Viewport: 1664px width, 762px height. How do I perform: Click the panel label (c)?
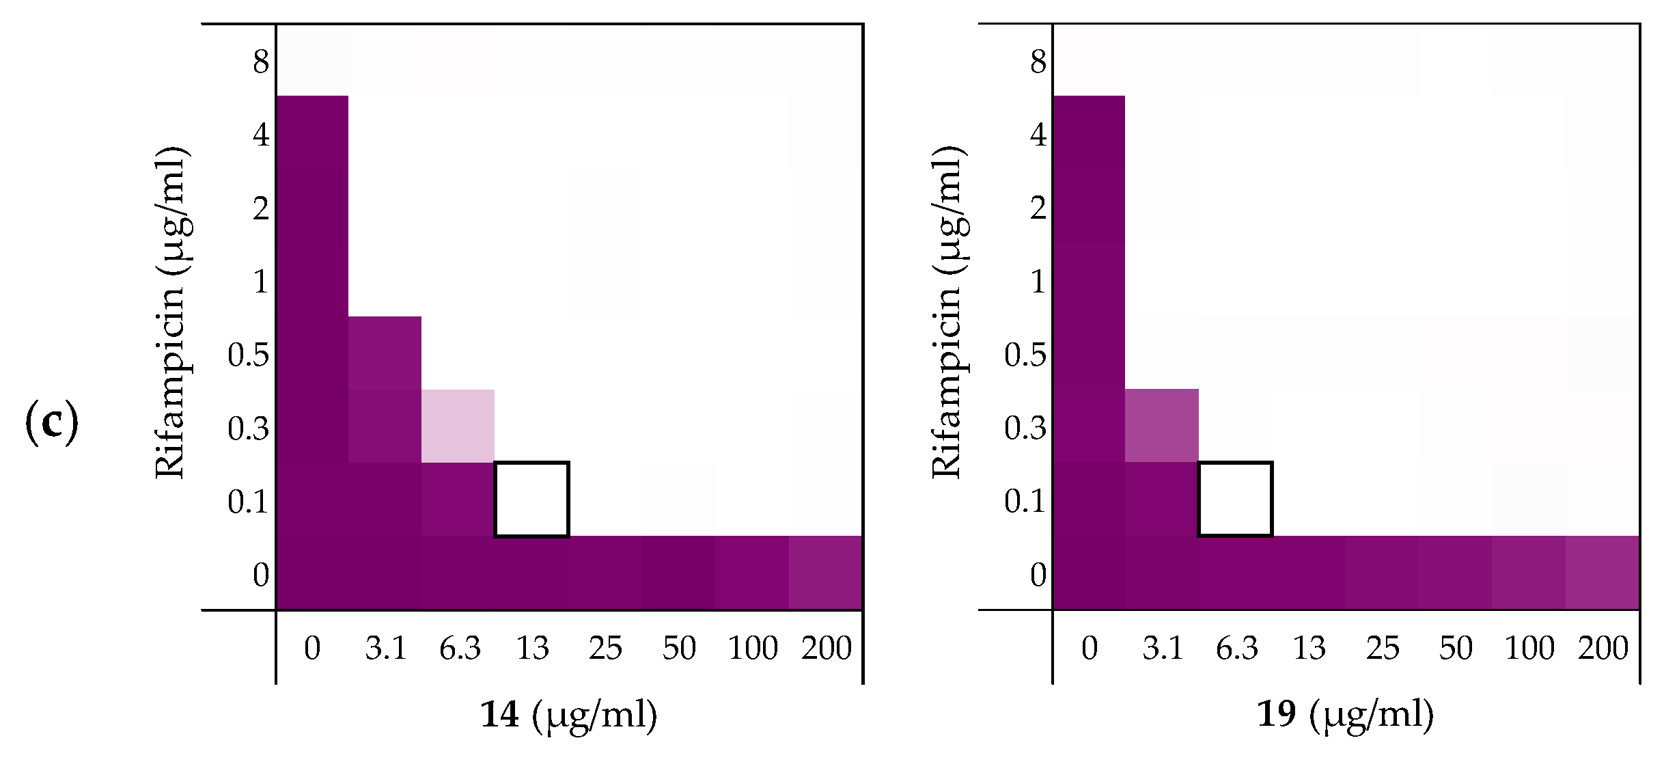click(x=51, y=423)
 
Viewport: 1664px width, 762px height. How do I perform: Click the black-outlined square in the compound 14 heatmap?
click(x=531, y=500)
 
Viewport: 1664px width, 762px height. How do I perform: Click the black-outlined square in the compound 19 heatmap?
click(x=1235, y=500)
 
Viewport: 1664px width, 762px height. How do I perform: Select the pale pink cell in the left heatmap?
click(x=458, y=426)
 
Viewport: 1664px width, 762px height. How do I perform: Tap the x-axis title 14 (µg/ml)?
click(x=568, y=715)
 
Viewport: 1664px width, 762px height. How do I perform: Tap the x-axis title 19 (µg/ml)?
click(x=1345, y=715)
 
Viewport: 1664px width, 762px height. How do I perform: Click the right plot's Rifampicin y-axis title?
click(x=947, y=312)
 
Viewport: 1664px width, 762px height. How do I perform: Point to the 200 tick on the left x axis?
click(x=826, y=648)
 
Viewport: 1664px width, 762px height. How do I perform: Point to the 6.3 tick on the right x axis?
click(x=1236, y=648)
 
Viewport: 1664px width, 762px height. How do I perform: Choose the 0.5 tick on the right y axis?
click(x=1025, y=355)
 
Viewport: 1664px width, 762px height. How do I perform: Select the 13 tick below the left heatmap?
click(x=532, y=648)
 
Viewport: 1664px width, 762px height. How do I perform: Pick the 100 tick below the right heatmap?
click(x=1529, y=648)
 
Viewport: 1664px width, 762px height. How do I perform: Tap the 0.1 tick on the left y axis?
click(x=248, y=502)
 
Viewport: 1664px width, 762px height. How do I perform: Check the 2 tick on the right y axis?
click(x=1038, y=208)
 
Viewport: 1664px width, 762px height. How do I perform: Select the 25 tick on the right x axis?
click(x=1382, y=648)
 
